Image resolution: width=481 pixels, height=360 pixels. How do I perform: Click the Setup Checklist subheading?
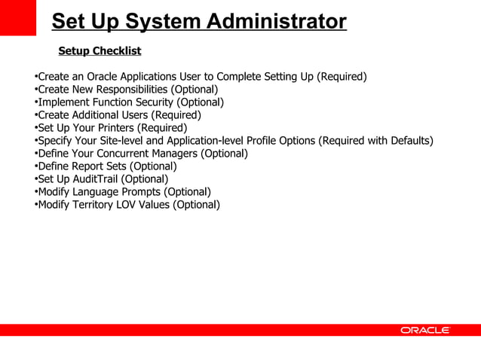point(100,51)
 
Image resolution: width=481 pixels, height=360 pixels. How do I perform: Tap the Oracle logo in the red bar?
point(425,330)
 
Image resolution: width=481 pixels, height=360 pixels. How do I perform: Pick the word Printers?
point(113,128)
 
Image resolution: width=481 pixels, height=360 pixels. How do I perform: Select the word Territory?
point(100,205)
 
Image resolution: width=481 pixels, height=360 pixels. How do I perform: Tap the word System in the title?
point(149,22)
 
